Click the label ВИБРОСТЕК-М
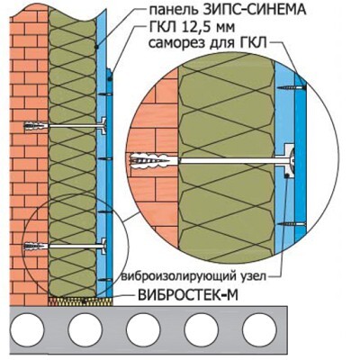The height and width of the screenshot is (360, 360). tap(188, 295)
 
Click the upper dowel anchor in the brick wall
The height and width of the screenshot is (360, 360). tap(36, 126)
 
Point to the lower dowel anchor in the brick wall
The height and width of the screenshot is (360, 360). tap(36, 247)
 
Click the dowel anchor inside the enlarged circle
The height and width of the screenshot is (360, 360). tap(153, 161)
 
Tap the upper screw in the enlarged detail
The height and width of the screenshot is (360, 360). tap(292, 87)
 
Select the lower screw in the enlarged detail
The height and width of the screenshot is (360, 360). tap(292, 224)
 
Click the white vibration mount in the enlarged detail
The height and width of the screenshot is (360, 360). tap(289, 160)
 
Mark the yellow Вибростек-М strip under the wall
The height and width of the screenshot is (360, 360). tap(80, 301)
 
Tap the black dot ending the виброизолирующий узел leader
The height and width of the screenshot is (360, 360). tap(287, 176)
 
